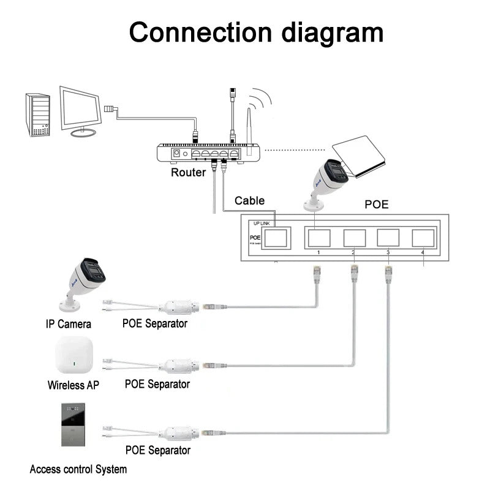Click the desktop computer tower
(x=37, y=115)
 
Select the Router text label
(x=188, y=173)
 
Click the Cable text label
(x=249, y=200)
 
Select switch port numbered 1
(x=318, y=238)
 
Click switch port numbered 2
(x=354, y=238)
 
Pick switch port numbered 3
(x=388, y=238)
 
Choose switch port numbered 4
(x=423, y=238)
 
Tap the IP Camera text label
(x=69, y=324)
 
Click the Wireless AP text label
(x=73, y=385)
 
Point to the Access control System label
(x=78, y=470)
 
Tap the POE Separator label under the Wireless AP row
(x=157, y=385)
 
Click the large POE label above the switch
(x=376, y=205)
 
